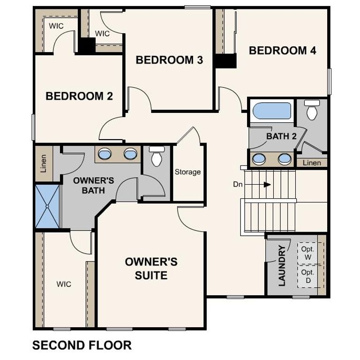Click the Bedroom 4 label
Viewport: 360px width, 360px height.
tap(282, 51)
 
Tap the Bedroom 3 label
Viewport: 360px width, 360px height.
tap(169, 60)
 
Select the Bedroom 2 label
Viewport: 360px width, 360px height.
tap(79, 96)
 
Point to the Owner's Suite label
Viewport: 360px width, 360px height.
tap(151, 268)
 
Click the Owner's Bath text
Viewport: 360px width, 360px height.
tap(94, 185)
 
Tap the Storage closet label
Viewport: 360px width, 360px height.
tap(187, 172)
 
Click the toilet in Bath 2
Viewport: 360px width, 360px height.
tap(311, 111)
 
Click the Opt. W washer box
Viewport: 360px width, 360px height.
tap(308, 254)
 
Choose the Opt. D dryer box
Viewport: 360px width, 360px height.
tap(308, 276)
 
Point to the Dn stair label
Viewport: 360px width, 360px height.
tap(238, 184)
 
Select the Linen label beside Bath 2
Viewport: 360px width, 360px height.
tap(312, 163)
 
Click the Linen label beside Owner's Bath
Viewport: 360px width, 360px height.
tap(44, 164)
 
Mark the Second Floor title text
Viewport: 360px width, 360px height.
tap(82, 345)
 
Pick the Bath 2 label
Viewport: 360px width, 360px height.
tap(281, 136)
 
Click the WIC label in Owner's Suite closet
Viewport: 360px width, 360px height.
tap(64, 284)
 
